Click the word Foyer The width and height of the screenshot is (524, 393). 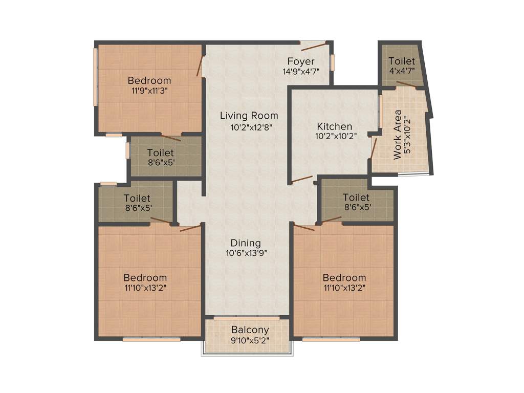pos(301,62)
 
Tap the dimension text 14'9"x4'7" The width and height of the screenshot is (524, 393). pos(301,72)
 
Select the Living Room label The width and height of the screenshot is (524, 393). pos(249,116)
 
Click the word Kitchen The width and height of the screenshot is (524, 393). pos(334,126)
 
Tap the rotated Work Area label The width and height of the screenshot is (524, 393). pos(398,135)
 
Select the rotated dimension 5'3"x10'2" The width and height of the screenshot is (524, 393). pos(407,135)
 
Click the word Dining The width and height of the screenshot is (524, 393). pos(246,243)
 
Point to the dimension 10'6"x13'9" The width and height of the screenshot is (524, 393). pos(246,253)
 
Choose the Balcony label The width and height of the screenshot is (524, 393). pos(250,330)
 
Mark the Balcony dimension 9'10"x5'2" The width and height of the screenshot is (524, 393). pos(250,339)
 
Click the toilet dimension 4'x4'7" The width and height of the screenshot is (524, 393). pos(402,71)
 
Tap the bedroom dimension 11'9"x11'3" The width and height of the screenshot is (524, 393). pos(149,90)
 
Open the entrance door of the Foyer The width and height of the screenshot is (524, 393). pos(313,47)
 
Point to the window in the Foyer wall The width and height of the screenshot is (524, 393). pos(332,62)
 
